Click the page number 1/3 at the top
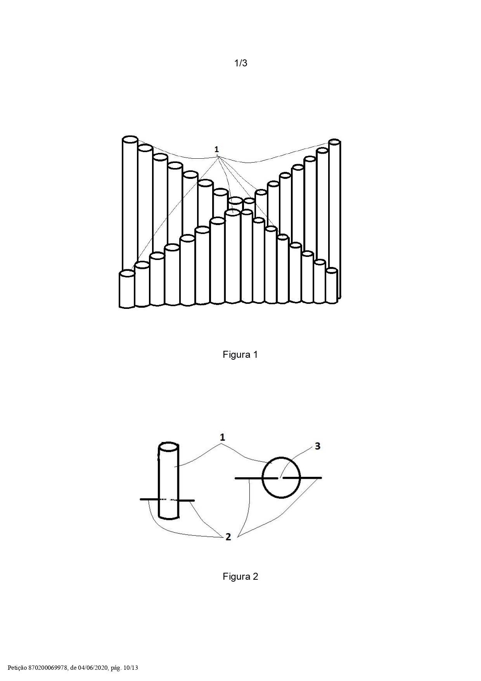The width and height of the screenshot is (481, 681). (x=240, y=63)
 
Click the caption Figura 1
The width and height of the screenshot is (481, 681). (x=240, y=354)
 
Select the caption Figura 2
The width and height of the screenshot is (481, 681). (x=240, y=576)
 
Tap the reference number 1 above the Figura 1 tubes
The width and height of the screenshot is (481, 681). (x=216, y=149)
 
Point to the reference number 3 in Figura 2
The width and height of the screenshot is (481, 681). (x=317, y=446)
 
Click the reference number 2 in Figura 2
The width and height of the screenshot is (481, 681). (x=228, y=537)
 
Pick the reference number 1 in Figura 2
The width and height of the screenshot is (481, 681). (x=222, y=437)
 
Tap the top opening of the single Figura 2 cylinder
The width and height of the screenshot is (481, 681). (x=169, y=447)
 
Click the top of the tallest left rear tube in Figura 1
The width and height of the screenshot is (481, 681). (x=130, y=139)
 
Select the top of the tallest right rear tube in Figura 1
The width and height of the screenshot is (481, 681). (x=334, y=142)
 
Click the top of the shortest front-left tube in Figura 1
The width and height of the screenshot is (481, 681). (x=127, y=274)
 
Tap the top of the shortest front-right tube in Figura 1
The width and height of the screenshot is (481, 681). (x=331, y=271)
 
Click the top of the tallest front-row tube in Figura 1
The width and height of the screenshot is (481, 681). (x=232, y=213)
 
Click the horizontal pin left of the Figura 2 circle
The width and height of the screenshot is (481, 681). (x=256, y=478)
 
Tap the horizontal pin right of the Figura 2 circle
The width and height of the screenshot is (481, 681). (x=302, y=478)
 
